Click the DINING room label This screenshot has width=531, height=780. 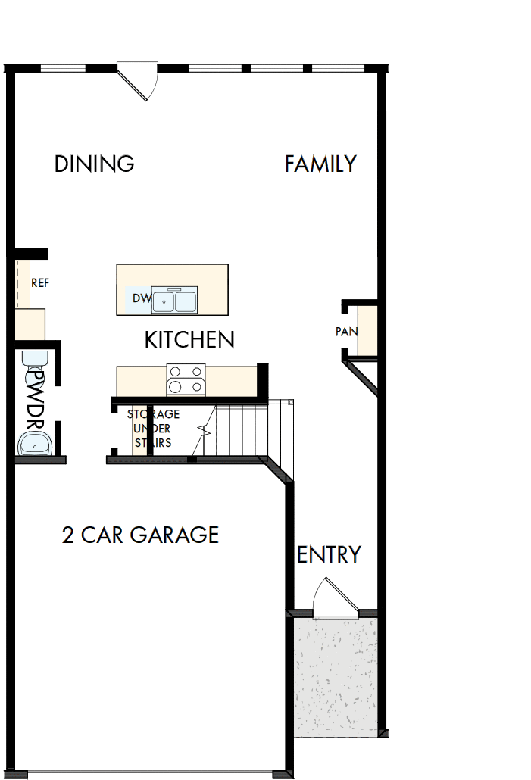[94, 164]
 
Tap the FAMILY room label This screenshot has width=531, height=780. [320, 164]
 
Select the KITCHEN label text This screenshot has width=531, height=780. [189, 339]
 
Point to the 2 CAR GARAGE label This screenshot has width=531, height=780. [140, 535]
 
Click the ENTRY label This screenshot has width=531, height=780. [329, 555]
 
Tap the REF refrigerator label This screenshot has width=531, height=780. [40, 283]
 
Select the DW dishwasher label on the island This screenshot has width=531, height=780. [142, 298]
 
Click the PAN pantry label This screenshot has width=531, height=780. [346, 332]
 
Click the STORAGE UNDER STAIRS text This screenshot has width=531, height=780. [153, 429]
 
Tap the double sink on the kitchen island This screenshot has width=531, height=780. [175, 301]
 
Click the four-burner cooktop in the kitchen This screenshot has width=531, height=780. [186, 379]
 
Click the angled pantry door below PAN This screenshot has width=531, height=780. [362, 377]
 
